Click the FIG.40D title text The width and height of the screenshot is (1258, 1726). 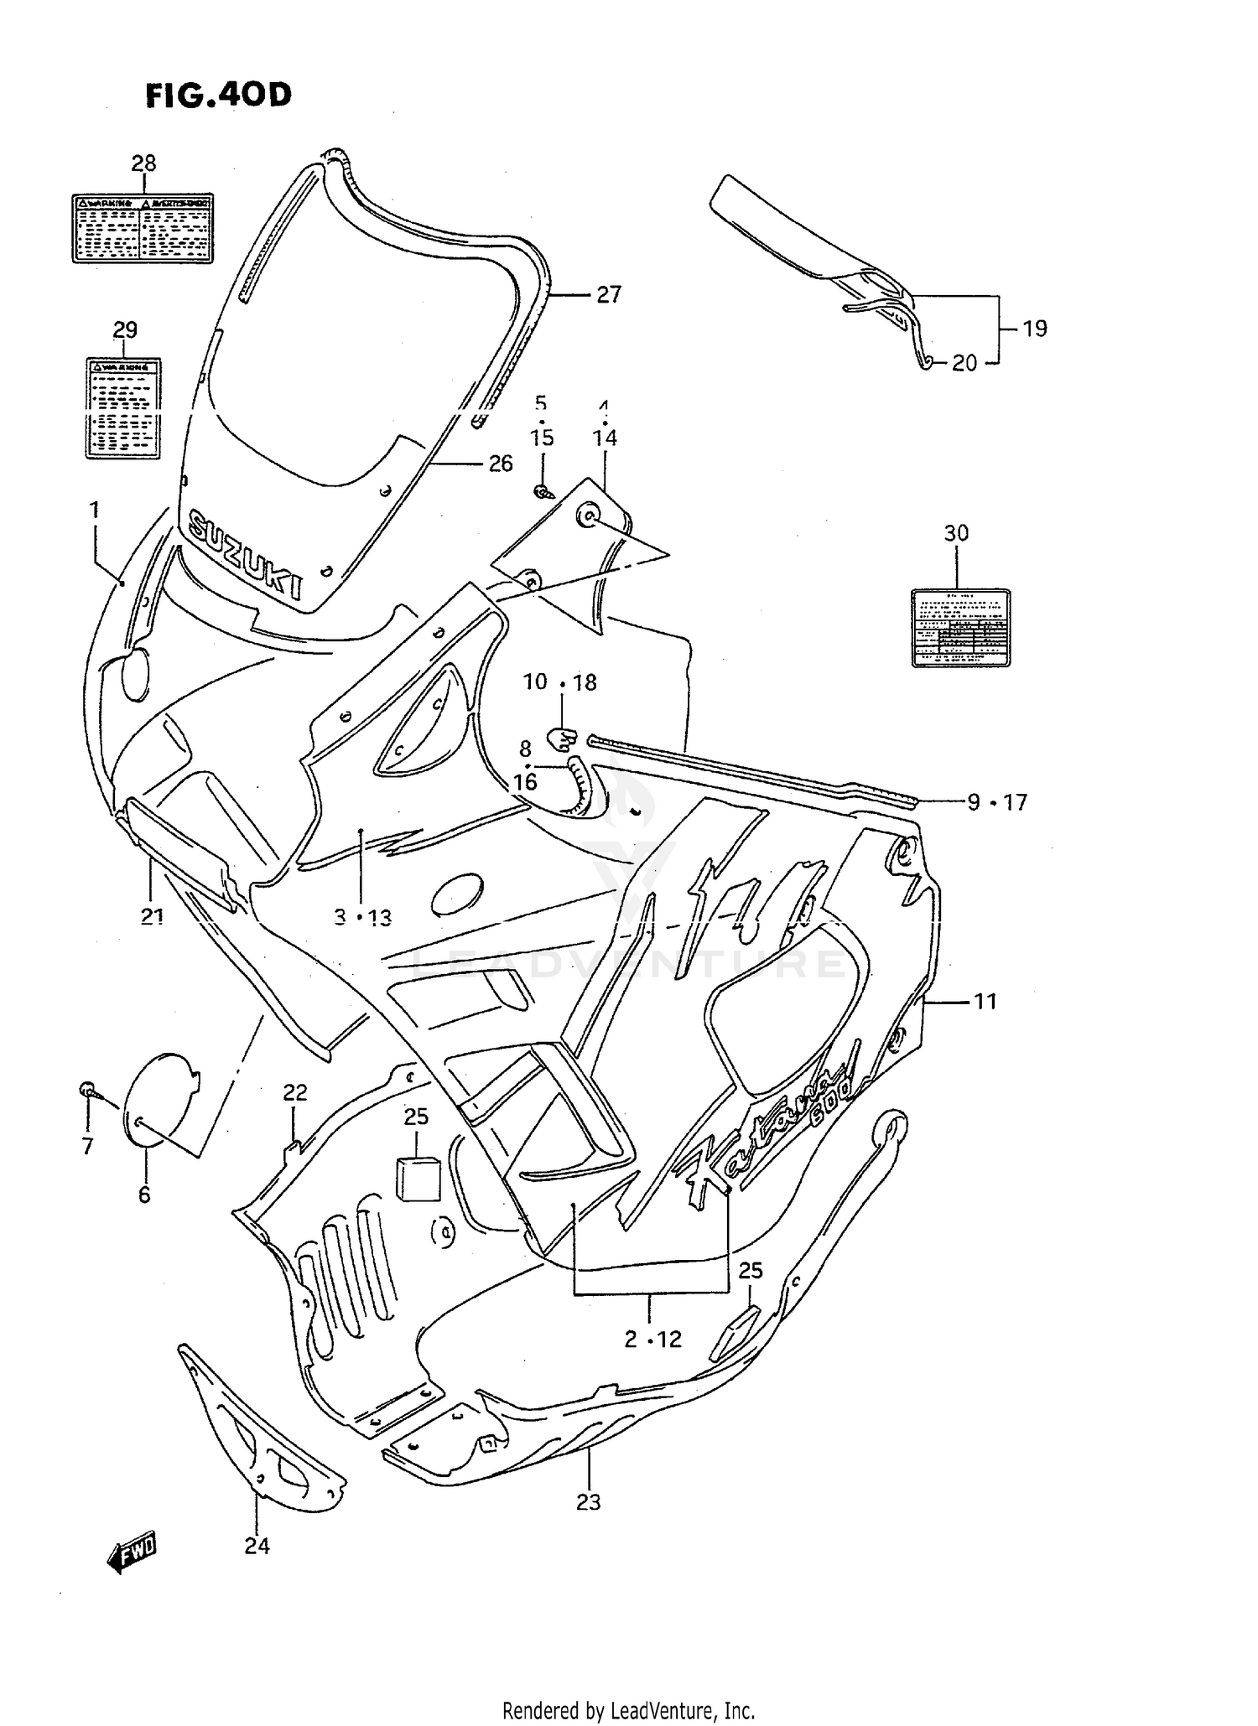coord(218,95)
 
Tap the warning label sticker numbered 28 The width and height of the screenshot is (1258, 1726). coord(143,228)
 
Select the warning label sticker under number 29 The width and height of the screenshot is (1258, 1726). coord(123,407)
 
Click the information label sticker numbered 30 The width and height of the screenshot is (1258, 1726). coord(960,628)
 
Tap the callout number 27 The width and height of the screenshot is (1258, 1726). coord(609,294)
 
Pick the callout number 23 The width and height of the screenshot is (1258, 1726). coord(588,1502)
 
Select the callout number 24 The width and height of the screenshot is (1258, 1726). coord(257,1547)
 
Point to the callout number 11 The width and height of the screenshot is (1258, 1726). coord(985,1001)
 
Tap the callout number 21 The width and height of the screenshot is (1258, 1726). coord(152,917)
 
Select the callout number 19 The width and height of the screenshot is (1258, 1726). coord(1035,329)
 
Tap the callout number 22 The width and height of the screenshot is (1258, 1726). coord(294,1092)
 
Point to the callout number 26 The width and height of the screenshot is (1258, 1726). coord(501,464)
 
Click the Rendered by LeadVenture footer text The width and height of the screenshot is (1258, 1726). coord(628,1710)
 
